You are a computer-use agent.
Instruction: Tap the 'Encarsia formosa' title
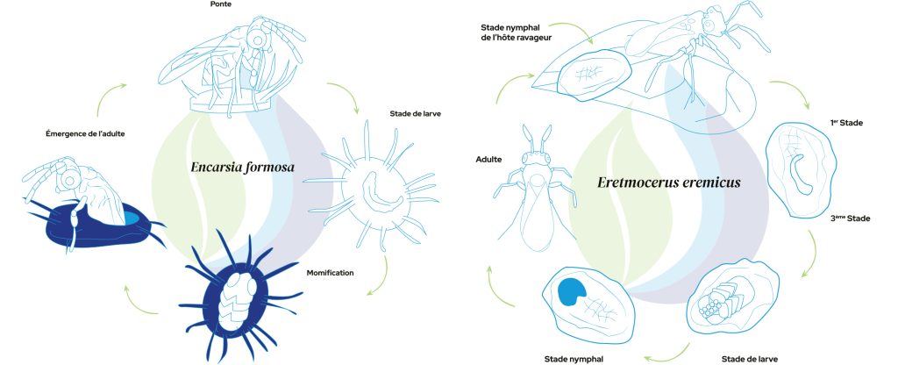coord(242,168)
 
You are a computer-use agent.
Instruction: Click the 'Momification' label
coord(330,273)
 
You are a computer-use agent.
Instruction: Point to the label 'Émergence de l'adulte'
coord(85,134)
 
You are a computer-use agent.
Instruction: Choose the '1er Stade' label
coord(846,123)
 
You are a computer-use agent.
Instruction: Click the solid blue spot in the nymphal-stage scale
coord(571,291)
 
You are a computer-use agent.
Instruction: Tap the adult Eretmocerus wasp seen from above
coord(535,190)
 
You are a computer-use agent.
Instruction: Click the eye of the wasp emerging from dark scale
coord(69,181)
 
